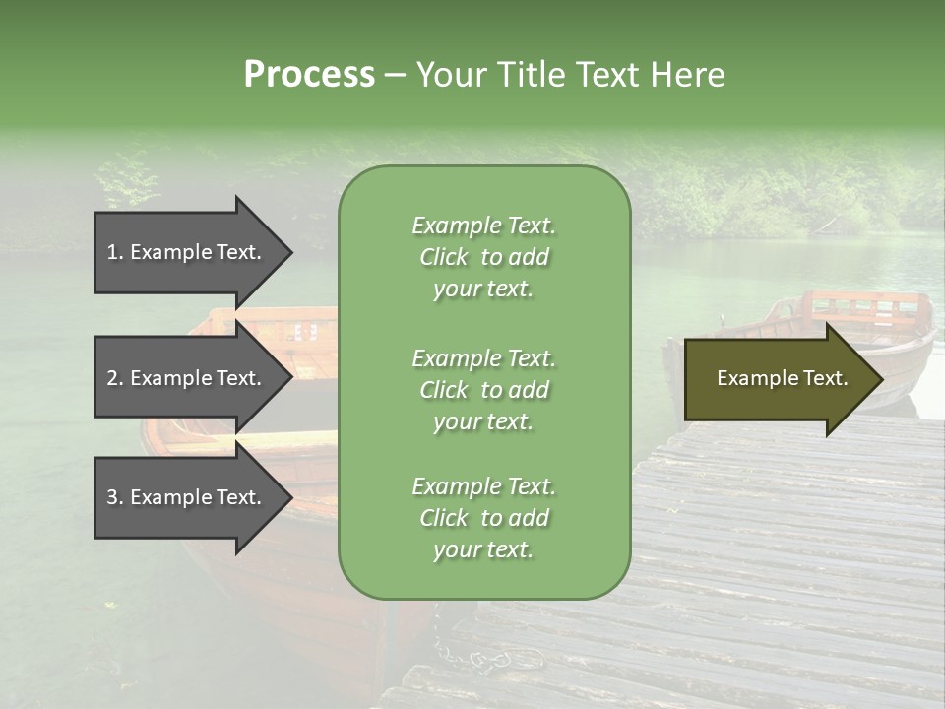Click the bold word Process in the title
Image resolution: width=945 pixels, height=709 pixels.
click(309, 75)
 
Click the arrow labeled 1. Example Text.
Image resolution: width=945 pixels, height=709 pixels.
click(187, 252)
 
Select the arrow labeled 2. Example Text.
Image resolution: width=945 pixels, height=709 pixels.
click(187, 378)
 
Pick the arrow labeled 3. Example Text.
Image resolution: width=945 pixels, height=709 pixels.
click(187, 497)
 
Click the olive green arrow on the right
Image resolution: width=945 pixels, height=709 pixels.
click(778, 378)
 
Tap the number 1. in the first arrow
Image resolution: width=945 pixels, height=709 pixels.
click(115, 252)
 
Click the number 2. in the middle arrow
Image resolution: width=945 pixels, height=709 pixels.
click(115, 378)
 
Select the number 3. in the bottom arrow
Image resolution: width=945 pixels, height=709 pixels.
click(115, 497)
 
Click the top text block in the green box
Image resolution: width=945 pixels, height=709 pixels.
click(483, 257)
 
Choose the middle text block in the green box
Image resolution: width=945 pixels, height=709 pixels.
click(483, 390)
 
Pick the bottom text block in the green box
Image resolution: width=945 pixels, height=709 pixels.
click(483, 518)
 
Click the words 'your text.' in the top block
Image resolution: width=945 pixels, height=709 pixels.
click(483, 289)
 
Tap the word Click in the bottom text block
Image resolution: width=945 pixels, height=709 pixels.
click(444, 518)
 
